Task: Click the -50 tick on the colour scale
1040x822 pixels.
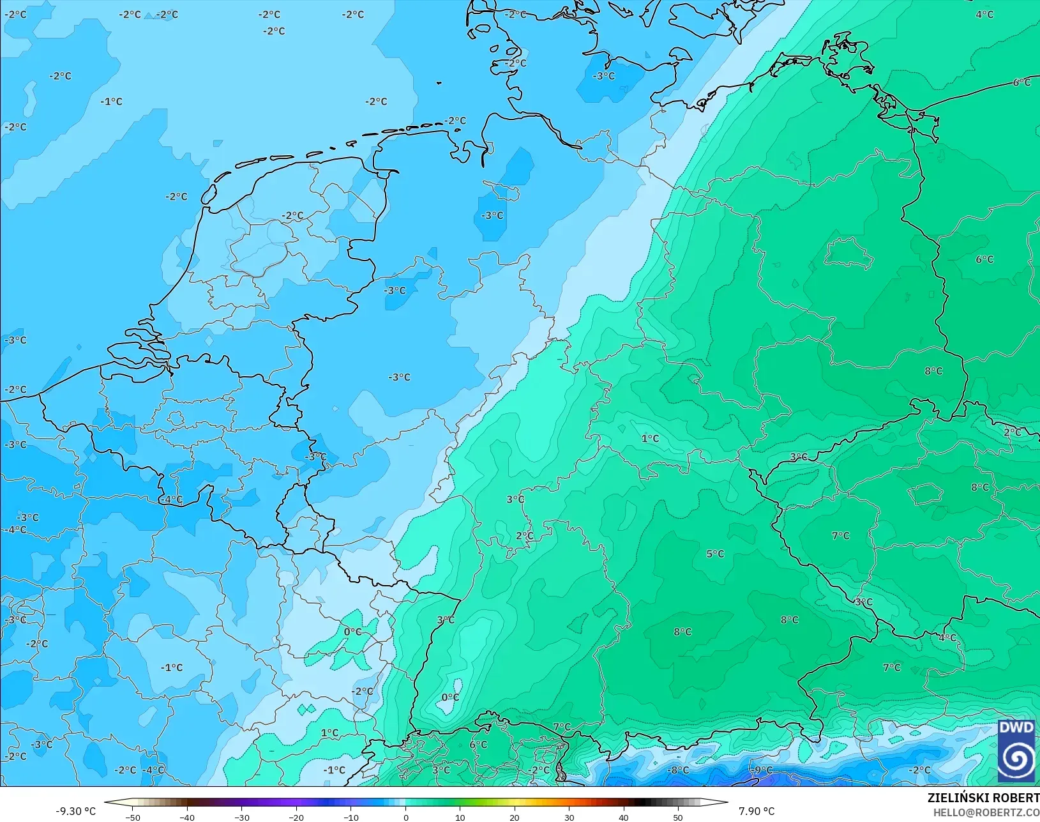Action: [133, 817]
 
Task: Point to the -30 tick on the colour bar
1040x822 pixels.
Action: [242, 817]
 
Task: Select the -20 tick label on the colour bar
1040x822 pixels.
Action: [296, 817]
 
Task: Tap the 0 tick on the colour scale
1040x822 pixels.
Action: [406, 817]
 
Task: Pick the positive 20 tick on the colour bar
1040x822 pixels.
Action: [515, 817]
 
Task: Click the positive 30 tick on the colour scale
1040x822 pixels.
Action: [569, 817]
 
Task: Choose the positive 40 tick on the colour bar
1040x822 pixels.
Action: [624, 817]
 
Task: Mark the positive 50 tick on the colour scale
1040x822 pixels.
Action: [678, 817]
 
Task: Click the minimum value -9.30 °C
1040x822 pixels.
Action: [75, 811]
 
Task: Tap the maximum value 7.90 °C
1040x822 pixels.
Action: [757, 811]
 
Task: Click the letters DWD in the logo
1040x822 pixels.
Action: [1016, 728]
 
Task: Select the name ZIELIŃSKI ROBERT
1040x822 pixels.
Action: [983, 798]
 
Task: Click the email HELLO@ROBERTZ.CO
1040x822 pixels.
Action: [986, 812]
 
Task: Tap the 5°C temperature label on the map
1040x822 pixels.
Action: [715, 554]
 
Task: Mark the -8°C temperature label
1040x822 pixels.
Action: [678, 770]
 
